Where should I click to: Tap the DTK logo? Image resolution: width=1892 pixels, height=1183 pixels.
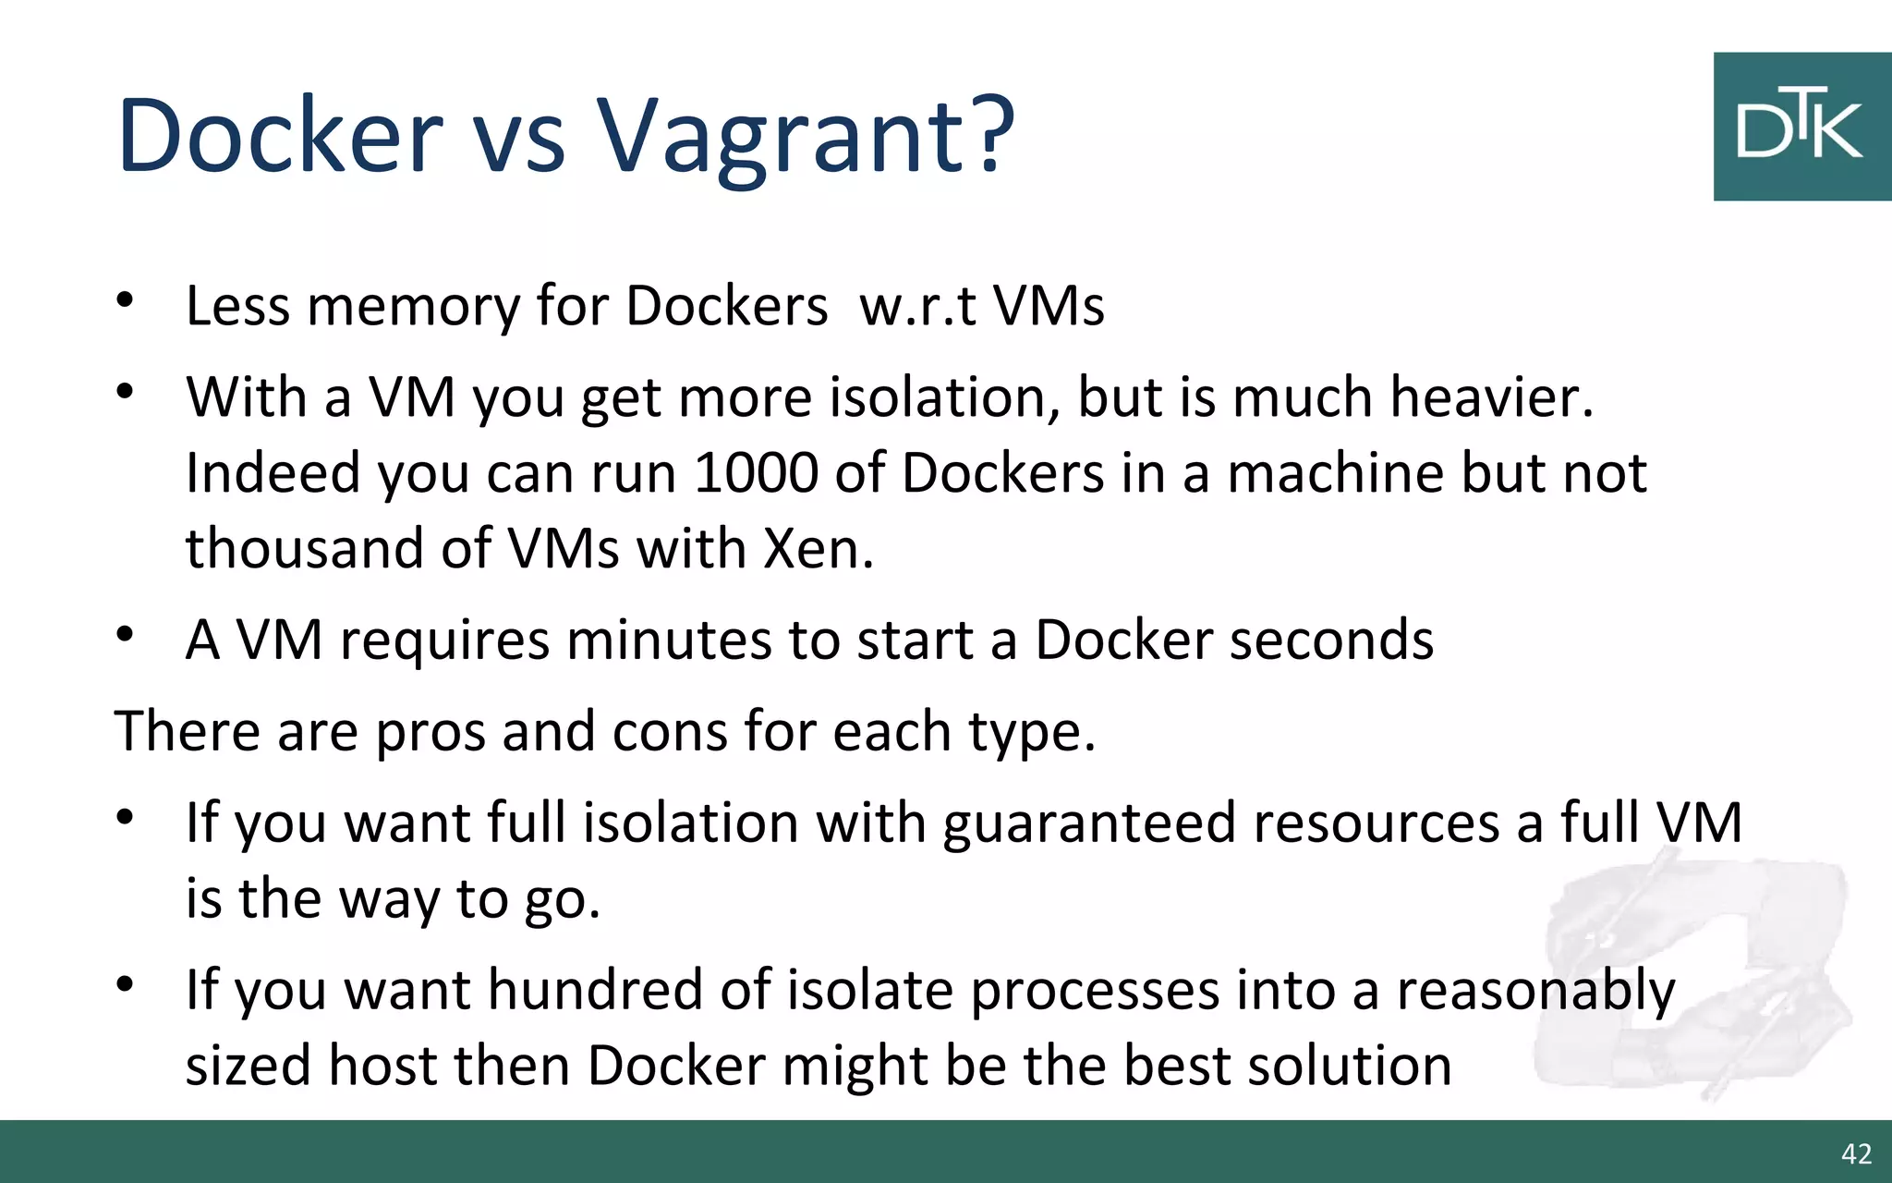(x=1801, y=127)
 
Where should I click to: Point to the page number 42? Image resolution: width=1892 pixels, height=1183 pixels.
(x=1856, y=1153)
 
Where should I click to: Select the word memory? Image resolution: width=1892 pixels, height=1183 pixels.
(x=413, y=306)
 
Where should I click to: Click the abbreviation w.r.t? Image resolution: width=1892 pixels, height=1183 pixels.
(x=917, y=306)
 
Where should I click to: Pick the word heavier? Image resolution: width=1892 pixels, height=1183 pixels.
(x=1492, y=397)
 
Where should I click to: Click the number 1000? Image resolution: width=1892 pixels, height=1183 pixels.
(x=756, y=473)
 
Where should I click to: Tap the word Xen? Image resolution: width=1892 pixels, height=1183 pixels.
(x=818, y=549)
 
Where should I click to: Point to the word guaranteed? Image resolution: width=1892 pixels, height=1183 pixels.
(x=1088, y=823)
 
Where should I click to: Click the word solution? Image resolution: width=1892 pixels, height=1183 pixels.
(x=1349, y=1066)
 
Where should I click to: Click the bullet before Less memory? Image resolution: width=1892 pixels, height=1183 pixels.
(x=126, y=300)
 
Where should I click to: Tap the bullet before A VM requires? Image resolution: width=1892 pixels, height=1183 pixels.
(x=126, y=635)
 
